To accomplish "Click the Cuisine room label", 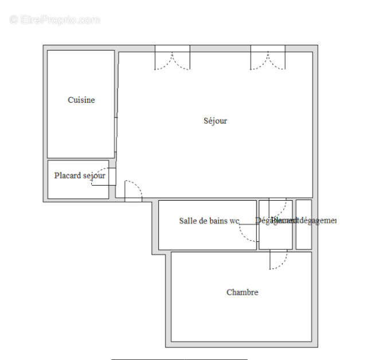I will (x=81, y=100).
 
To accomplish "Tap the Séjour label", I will (x=215, y=120).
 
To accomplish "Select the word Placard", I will (x=68, y=175).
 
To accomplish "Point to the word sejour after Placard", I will (x=94, y=175).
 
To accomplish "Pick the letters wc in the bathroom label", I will (x=234, y=221).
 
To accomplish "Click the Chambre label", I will (x=242, y=292).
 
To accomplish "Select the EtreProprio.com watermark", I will (x=55, y=19).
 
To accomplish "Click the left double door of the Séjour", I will (x=172, y=59).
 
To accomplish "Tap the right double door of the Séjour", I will (x=268, y=59).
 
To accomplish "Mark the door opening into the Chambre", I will (x=279, y=260).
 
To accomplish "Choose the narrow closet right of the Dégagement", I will (x=303, y=225).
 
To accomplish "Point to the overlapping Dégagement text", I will (x=276, y=221).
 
